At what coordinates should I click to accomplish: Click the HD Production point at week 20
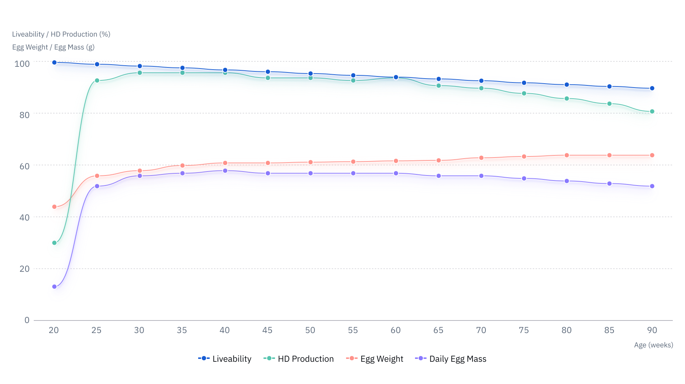(54, 243)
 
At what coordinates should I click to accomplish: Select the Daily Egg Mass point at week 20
(54, 287)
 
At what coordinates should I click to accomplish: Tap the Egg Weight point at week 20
(54, 207)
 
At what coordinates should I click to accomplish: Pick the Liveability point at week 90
(652, 88)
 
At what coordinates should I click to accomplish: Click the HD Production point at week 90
(652, 112)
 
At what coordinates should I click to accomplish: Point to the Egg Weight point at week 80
(567, 155)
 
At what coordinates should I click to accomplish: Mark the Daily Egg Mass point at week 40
(225, 171)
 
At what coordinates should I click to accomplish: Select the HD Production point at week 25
(97, 81)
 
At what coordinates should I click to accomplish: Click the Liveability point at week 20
(54, 62)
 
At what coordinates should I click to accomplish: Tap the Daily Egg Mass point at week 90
(652, 186)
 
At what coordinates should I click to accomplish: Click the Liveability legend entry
(225, 359)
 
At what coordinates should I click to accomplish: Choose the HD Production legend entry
(299, 359)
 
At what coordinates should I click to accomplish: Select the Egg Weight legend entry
(374, 359)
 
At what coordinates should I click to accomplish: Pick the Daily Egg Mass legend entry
(451, 359)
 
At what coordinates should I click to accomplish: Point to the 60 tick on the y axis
(24, 166)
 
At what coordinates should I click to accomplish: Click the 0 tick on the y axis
(27, 320)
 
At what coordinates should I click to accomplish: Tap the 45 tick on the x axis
(267, 330)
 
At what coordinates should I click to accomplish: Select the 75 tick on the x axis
(524, 330)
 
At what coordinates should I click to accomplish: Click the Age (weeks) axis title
(653, 345)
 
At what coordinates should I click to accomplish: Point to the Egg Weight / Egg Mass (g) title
(53, 47)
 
